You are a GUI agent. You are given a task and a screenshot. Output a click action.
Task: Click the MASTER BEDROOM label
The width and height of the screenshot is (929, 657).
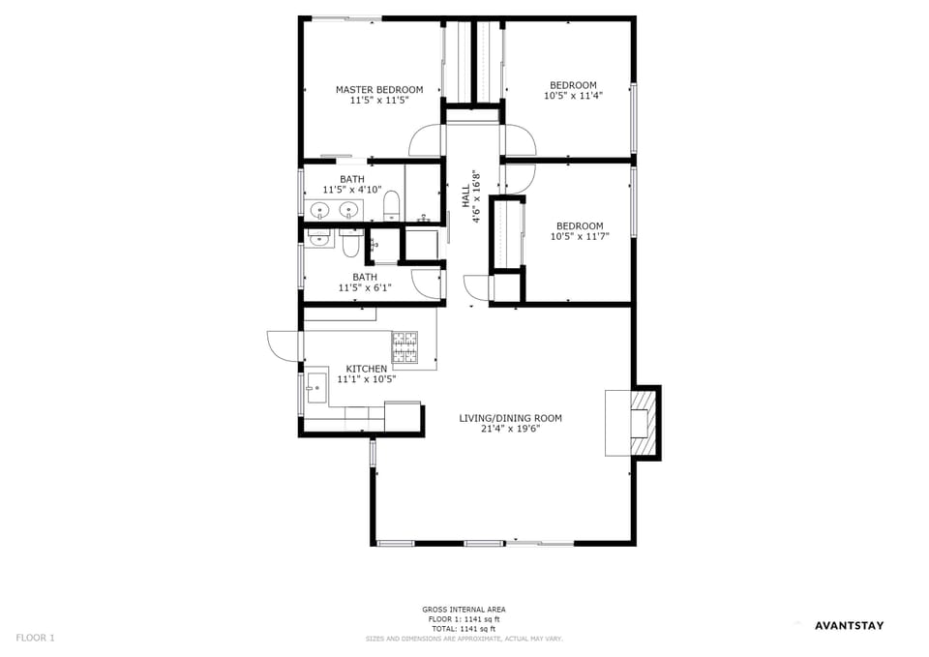tap(379, 90)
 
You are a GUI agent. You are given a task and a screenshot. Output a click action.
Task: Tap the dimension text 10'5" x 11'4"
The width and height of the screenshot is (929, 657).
tap(573, 96)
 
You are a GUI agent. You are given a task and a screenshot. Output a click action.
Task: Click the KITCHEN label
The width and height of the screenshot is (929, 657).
tap(367, 369)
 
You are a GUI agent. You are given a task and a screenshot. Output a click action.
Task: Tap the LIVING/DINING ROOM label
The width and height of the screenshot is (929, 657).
tap(510, 418)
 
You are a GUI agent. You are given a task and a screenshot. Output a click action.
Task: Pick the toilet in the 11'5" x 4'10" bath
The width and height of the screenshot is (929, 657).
tap(391, 205)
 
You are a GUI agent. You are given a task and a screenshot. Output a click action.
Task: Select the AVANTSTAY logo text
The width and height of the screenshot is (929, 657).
tap(849, 625)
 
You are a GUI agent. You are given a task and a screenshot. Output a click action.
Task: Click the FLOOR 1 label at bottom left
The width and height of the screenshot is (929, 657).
tap(36, 638)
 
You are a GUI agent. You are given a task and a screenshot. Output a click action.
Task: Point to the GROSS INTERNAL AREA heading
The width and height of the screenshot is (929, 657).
tap(464, 610)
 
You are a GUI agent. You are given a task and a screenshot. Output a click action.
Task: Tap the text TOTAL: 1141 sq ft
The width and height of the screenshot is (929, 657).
tap(464, 628)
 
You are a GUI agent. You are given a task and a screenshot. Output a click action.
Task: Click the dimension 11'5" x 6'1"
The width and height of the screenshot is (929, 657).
tap(365, 288)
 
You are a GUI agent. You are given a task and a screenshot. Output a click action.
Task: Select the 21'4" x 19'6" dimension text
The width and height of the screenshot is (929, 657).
tap(510, 429)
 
